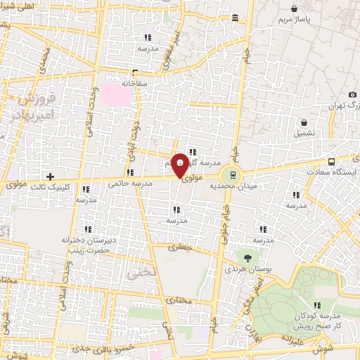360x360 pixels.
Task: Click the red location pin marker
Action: pyautogui.click(x=180, y=165)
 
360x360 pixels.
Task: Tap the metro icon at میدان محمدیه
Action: pyautogui.click(x=229, y=175)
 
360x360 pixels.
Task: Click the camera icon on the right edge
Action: pyautogui.click(x=352, y=95)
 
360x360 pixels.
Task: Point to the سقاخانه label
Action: pyautogui.click(x=134, y=82)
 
